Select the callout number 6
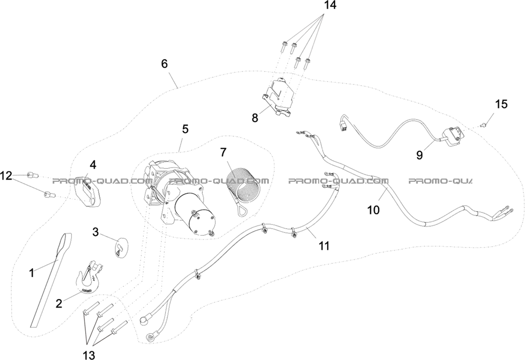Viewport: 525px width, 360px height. point(164,63)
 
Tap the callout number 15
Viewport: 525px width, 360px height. point(501,104)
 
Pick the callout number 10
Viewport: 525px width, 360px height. point(373,209)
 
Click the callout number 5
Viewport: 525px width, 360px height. point(185,129)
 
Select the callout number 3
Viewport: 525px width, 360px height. point(95,232)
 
